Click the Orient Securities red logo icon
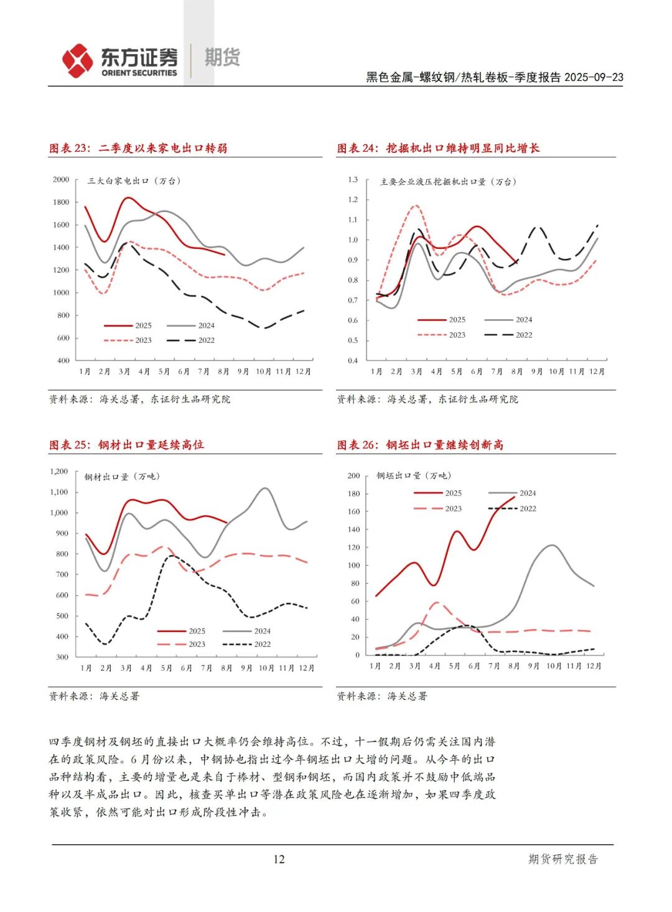[77, 60]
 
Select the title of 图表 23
[138, 148]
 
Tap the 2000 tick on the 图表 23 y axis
[61, 180]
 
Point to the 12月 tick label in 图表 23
[303, 371]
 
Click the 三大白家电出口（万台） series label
[134, 181]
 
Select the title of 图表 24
[438, 148]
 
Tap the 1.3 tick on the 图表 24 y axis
[353, 180]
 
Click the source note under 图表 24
[427, 399]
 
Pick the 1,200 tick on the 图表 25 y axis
[59, 472]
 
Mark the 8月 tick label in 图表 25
[226, 668]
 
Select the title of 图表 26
[421, 445]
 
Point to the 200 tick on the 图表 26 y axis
[353, 476]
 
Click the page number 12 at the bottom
[279, 859]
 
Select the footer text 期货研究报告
[562, 859]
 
